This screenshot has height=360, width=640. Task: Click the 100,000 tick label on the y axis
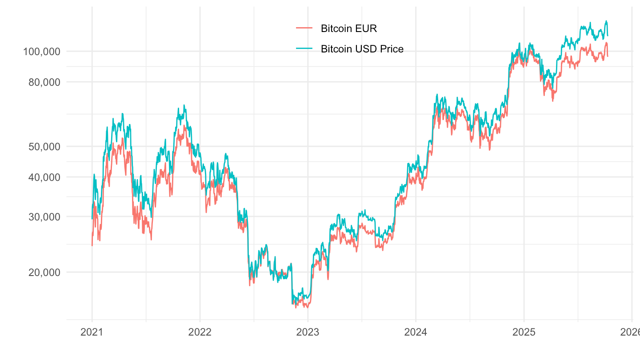click(42, 52)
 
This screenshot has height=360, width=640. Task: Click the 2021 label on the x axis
click(92, 332)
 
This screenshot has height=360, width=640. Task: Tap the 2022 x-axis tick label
click(200, 332)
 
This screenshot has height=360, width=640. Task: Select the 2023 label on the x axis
click(308, 332)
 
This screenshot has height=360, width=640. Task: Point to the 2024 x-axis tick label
click(416, 332)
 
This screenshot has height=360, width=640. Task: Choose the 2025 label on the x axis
click(524, 332)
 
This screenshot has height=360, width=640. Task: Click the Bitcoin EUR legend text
click(348, 29)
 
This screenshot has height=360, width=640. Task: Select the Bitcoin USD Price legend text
click(362, 49)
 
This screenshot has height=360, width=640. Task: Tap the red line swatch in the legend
click(304, 29)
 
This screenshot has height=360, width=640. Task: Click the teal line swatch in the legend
click(304, 49)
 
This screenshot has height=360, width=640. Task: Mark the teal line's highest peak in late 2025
click(606, 21)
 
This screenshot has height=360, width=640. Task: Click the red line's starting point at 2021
click(92, 245)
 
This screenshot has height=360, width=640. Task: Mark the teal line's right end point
click(608, 36)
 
